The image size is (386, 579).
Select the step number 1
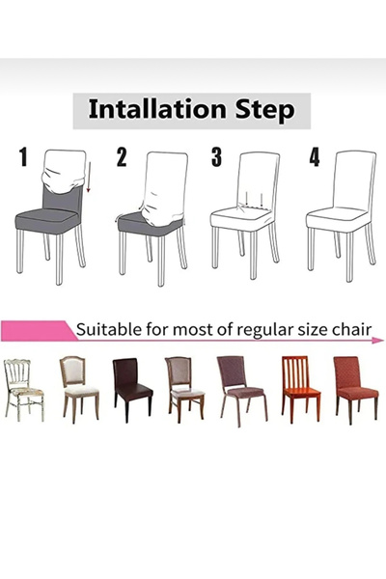tap(22, 157)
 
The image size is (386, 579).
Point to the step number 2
tap(121, 157)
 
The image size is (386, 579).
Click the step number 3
tap(216, 157)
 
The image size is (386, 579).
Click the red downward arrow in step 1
tap(88, 179)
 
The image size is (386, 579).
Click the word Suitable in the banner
tap(111, 329)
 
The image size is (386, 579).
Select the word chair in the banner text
tap(348, 329)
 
